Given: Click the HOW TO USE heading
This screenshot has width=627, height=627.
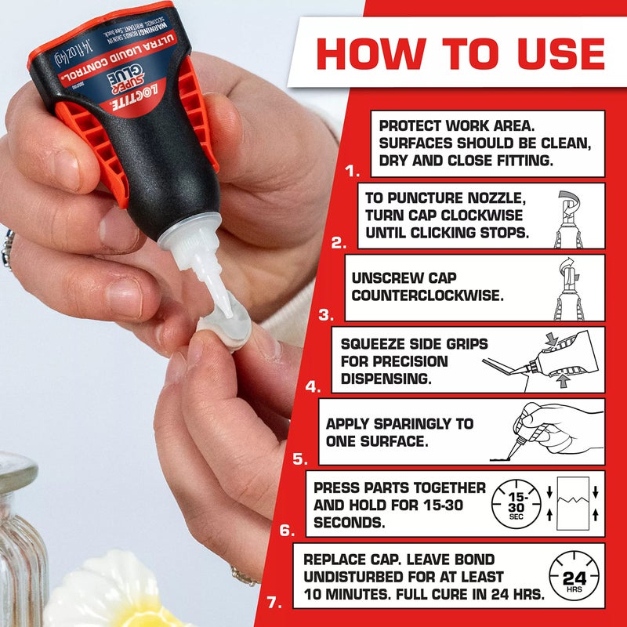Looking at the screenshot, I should (460, 53).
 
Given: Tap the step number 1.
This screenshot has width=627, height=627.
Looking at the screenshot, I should (352, 169).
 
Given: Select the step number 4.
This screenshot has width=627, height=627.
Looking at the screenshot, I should (313, 386).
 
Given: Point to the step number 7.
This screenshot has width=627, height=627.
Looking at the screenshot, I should (273, 603).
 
